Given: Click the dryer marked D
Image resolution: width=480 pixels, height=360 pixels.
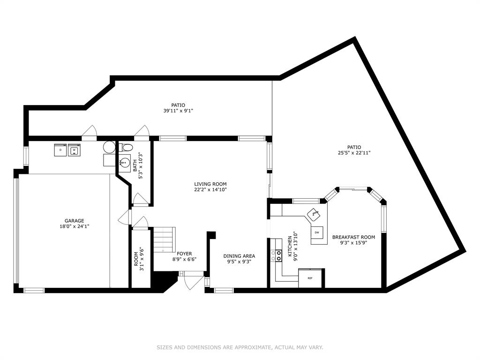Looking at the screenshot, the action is (x=60, y=150).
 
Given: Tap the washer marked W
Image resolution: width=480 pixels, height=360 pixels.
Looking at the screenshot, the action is (x=74, y=150).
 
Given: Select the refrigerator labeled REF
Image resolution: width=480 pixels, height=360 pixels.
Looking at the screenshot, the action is (x=310, y=278).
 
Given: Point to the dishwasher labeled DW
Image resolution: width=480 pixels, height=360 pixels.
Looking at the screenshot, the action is (x=317, y=232).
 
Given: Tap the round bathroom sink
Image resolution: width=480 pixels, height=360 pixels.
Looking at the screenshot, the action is (x=125, y=162).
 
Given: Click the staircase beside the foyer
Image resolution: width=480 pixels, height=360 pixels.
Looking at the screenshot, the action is (x=164, y=239).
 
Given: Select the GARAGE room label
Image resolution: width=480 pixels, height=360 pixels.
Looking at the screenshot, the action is (x=75, y=221).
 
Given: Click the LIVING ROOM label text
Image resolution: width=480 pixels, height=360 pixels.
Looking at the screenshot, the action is (x=210, y=184).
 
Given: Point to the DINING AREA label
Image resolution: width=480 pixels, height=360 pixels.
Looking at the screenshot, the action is (x=239, y=256).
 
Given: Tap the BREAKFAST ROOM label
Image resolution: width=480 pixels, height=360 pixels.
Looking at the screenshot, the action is (x=353, y=237).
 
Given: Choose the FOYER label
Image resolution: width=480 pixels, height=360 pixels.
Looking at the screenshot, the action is (x=184, y=254).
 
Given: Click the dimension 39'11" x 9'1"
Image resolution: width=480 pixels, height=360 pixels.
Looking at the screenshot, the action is (x=178, y=111).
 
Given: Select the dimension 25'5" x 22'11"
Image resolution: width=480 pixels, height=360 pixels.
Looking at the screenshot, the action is (x=354, y=153).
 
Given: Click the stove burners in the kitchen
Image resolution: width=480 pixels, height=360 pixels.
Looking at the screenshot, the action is (x=278, y=255).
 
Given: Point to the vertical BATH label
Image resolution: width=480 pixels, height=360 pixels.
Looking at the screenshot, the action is (x=135, y=165).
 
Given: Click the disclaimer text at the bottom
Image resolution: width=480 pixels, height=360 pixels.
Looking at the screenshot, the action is (x=240, y=347).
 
